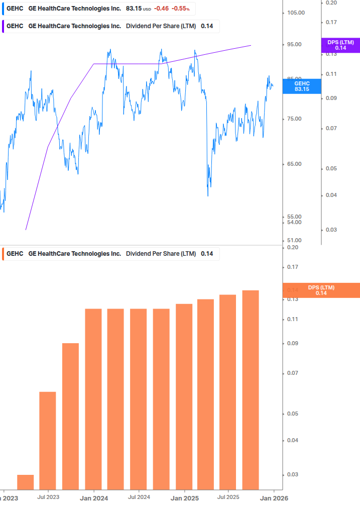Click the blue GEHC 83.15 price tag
(x=302, y=86)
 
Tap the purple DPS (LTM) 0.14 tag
(x=340, y=45)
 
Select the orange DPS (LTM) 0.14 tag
(x=321, y=290)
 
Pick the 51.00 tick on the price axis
(x=294, y=241)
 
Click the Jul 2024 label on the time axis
(x=139, y=497)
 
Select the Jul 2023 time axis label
(x=48, y=497)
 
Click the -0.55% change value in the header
(x=180, y=9)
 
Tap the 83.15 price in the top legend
(x=134, y=9)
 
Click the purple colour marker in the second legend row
(x=4, y=26)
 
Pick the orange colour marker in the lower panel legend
(x=4, y=254)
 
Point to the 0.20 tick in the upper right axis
(x=331, y=3)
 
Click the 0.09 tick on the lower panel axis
(x=293, y=344)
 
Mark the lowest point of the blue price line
(x=208, y=195)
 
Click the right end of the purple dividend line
(x=251, y=45)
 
